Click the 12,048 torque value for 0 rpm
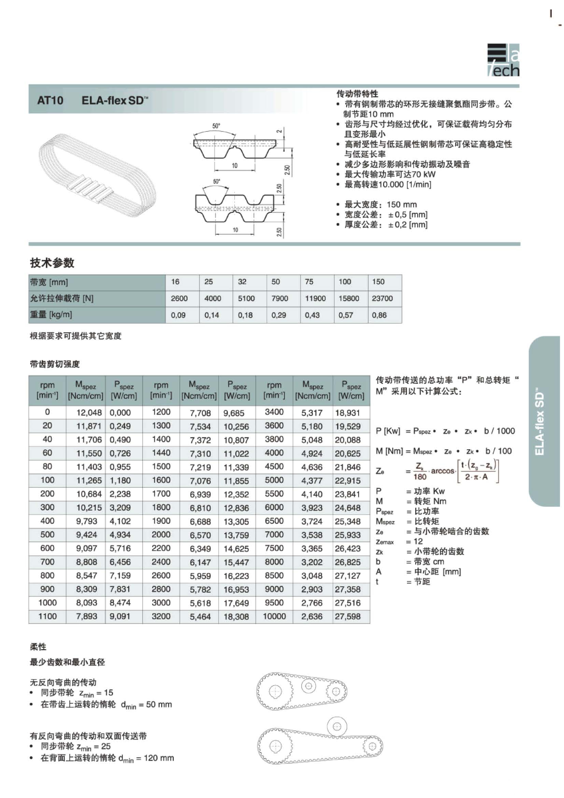(89, 413)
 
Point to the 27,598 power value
(347, 617)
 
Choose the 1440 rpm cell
(161, 453)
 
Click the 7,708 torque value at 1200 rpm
(200, 413)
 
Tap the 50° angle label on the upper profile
(216, 126)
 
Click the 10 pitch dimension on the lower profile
(235, 230)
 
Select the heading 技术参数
(52, 263)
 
